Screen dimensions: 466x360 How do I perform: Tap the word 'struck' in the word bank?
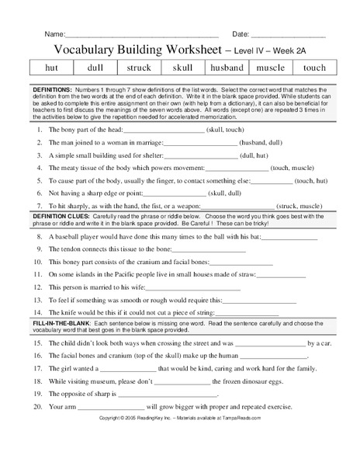point(140,68)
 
